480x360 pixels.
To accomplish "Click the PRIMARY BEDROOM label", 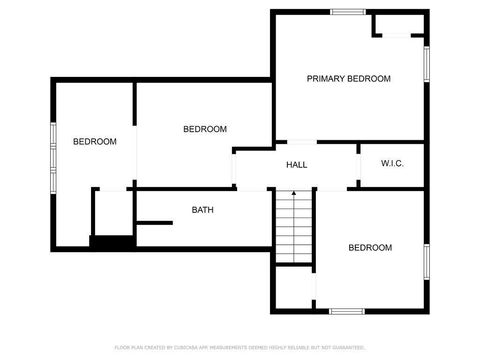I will point(348,79).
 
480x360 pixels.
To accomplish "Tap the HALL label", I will point(296,165).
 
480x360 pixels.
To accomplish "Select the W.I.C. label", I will point(392,164).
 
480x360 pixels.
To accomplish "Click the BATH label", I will point(203,210).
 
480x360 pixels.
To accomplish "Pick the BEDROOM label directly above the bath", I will point(205,129).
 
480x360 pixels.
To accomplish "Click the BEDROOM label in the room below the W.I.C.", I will point(370,248).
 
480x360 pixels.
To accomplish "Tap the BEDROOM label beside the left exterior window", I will point(95,142).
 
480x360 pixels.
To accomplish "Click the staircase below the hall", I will point(294,226).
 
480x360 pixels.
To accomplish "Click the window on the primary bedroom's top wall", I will point(347,12).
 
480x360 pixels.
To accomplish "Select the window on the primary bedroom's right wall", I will point(427,64).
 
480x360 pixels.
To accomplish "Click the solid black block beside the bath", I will point(112,241).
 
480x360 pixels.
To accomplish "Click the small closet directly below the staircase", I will point(294,289).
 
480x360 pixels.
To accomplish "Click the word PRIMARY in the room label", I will point(326,79).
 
